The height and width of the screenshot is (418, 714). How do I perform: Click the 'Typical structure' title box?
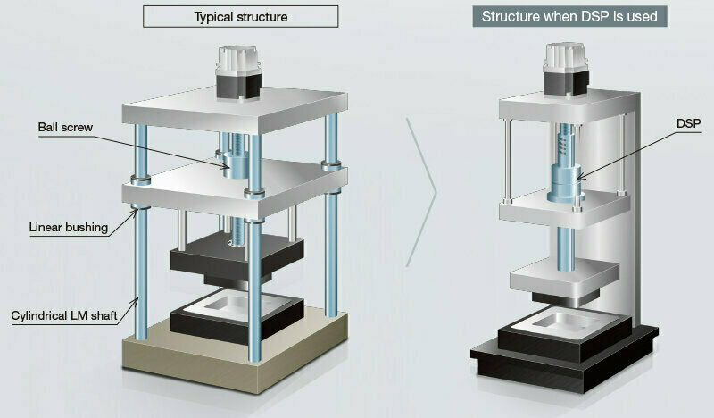click(240, 16)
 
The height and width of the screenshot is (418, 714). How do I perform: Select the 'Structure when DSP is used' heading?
click(569, 16)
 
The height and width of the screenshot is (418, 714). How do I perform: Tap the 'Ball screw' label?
click(65, 127)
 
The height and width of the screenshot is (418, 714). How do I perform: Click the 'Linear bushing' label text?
click(69, 227)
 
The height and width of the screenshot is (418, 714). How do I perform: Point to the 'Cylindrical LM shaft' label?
click(64, 315)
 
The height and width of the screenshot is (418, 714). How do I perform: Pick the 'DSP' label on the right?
click(688, 123)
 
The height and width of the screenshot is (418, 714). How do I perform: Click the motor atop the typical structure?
click(238, 72)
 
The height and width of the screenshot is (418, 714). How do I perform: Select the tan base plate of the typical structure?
click(235, 351)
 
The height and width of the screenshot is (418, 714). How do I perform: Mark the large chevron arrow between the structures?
click(421, 192)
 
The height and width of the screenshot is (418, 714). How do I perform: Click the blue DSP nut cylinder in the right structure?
click(566, 182)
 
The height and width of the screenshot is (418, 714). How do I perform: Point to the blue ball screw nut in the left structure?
click(236, 165)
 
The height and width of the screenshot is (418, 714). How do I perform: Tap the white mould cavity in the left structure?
click(237, 305)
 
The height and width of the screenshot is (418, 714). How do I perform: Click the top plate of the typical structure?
click(235, 111)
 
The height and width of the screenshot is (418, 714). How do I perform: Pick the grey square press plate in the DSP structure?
click(565, 278)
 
